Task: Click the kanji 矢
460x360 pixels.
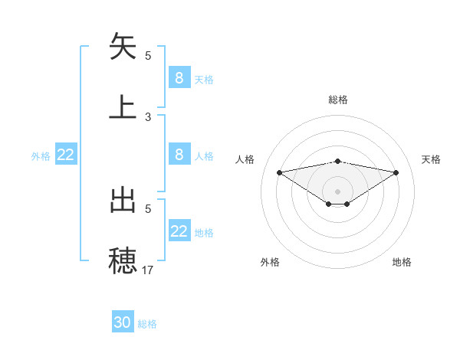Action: coord(123,47)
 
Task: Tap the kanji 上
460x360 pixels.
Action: coord(123,106)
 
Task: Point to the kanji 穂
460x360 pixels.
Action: coord(123,260)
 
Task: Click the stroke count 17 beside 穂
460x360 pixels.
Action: coord(148,270)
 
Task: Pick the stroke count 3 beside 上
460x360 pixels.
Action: coord(148,117)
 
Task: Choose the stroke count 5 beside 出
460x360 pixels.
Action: coord(148,208)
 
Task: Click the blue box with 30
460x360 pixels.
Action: coord(123,322)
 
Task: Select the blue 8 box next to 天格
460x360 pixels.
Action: coord(179,77)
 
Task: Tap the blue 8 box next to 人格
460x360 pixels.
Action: coord(179,155)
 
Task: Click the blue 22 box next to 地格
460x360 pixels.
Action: coord(179,231)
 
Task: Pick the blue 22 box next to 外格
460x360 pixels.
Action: coord(65,155)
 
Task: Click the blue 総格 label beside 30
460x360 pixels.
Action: coord(147,324)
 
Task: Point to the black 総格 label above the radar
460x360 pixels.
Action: coord(337,100)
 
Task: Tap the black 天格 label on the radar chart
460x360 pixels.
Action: coord(431,159)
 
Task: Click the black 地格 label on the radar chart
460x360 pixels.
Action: coord(402,262)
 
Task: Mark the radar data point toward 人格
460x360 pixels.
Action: coord(279,172)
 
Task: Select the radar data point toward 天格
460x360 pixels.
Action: coord(396,172)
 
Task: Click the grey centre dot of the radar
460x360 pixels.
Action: coord(337,191)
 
